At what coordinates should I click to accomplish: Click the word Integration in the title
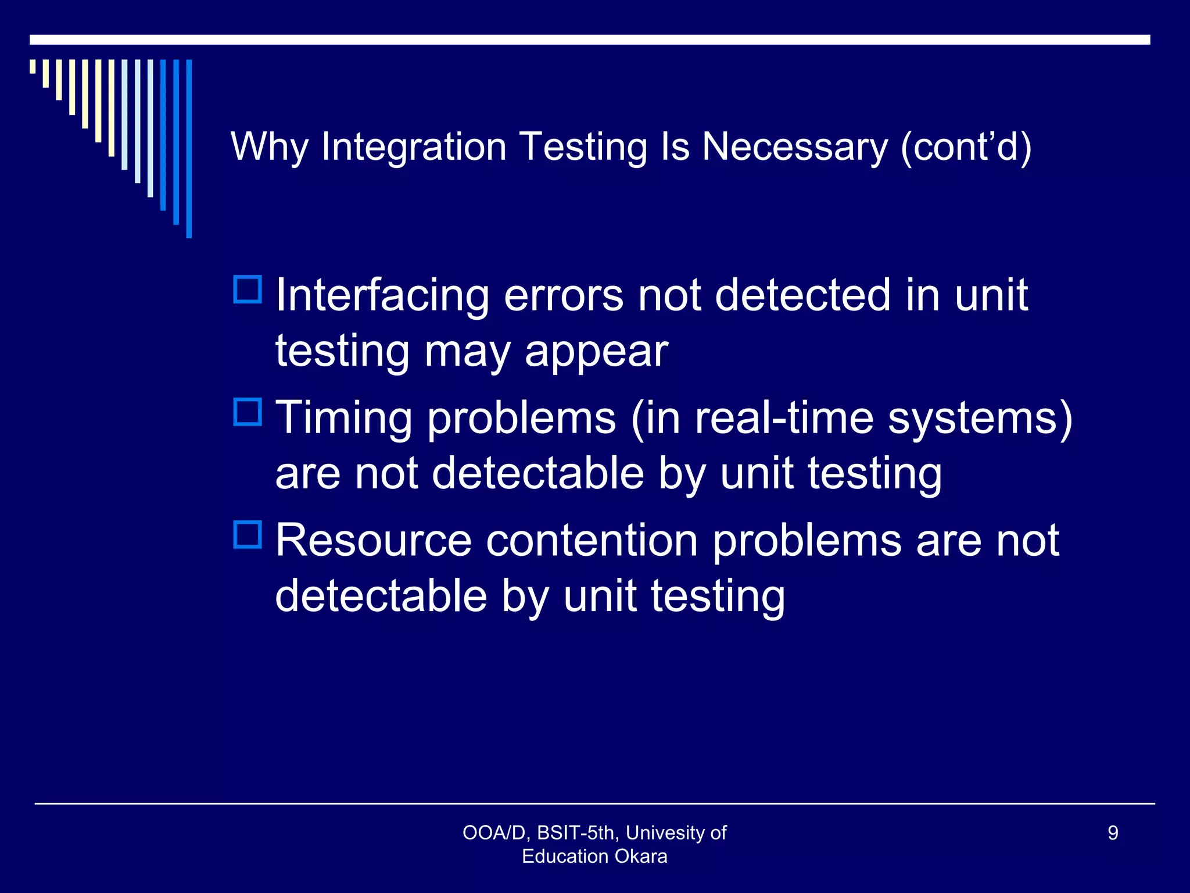pyautogui.click(x=414, y=147)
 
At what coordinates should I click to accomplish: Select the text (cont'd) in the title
pyautogui.click(x=966, y=147)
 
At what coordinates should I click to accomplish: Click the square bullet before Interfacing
pyautogui.click(x=248, y=290)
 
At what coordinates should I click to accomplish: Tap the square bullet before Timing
pyautogui.click(x=248, y=412)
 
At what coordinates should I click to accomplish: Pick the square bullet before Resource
pyautogui.click(x=248, y=535)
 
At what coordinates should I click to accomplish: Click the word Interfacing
pyautogui.click(x=382, y=295)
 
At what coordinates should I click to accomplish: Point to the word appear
pyautogui.click(x=596, y=352)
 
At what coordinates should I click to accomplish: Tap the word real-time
pyautogui.click(x=784, y=417)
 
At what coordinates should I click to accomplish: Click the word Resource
pyautogui.click(x=373, y=541)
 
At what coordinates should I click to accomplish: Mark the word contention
pyautogui.click(x=592, y=541)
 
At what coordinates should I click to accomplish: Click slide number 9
pyautogui.click(x=1113, y=833)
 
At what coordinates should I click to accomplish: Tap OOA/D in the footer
pyautogui.click(x=494, y=833)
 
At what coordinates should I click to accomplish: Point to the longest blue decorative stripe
pyautogui.click(x=189, y=149)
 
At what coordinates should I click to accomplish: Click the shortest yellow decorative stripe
pyautogui.click(x=33, y=66)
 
